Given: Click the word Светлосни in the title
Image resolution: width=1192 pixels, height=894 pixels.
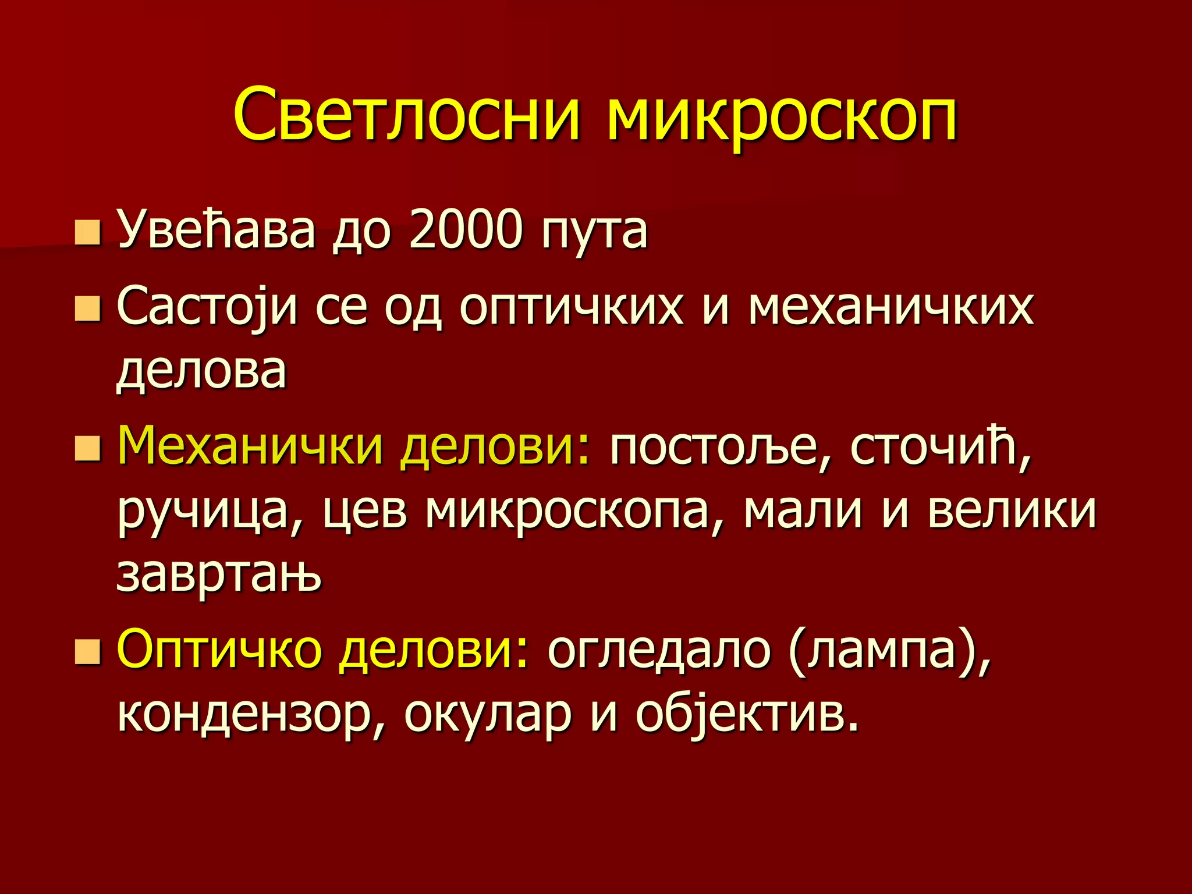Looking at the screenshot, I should [x=407, y=115].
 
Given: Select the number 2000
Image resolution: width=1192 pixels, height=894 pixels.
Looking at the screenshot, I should [x=466, y=230].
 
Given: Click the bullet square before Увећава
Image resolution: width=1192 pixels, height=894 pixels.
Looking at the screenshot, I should [x=88, y=232].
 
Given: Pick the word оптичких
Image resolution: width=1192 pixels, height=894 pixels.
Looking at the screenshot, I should [x=571, y=309].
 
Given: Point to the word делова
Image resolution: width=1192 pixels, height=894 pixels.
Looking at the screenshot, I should [x=201, y=372].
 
